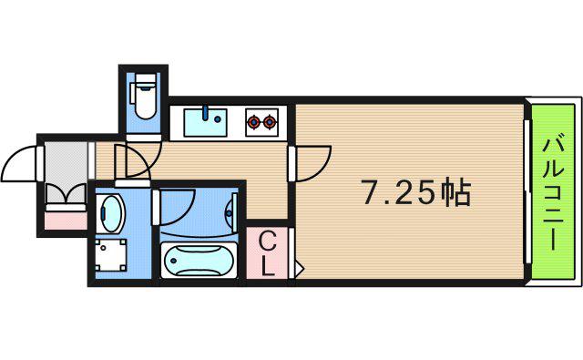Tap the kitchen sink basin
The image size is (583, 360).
[205, 122]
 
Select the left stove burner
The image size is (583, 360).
[253, 121]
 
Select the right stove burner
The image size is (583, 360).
[269, 121]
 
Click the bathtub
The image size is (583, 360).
[199, 260]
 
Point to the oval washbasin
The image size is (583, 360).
[111, 213]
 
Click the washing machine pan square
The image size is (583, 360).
[111, 255]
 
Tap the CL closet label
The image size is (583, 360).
[267, 253]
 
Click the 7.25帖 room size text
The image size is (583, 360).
[416, 193]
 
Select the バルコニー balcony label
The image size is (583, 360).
[553, 192]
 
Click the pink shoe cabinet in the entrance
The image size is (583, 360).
[66, 221]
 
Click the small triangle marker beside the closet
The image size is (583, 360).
[300, 268]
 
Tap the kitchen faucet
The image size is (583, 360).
[205, 113]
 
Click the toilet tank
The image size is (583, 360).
[145, 80]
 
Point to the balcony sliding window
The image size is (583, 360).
[527, 192]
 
